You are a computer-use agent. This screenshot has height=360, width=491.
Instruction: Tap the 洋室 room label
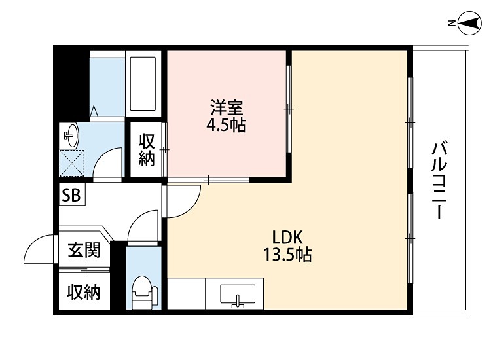coord(227,107)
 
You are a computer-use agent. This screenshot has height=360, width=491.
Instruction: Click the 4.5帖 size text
coord(227,125)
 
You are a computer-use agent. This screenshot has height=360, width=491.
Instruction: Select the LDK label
coord(285,237)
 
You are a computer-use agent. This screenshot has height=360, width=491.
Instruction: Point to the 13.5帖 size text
coord(287,255)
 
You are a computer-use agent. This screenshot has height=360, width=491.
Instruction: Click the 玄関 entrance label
coord(84,249)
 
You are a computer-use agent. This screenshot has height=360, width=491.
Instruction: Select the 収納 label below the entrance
coord(84,293)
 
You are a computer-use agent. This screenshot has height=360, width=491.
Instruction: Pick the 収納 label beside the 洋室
coord(146,149)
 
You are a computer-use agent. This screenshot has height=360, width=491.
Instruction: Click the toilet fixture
coord(141,292)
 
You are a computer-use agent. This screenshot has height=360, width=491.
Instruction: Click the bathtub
coord(143,83)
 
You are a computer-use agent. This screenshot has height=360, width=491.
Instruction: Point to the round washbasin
coord(71,136)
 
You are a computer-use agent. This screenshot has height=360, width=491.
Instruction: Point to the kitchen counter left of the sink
coord(187,294)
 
